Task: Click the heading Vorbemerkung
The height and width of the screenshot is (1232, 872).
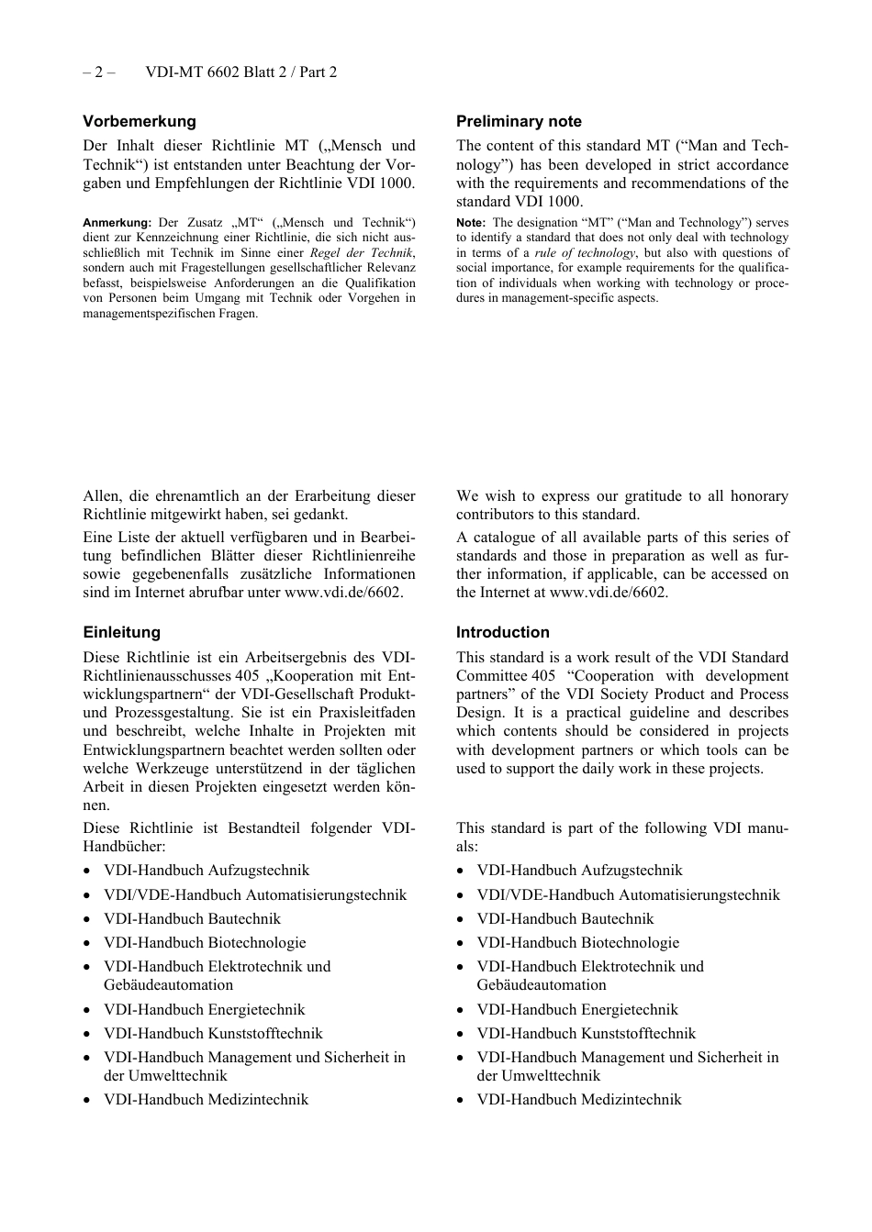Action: [x=140, y=121]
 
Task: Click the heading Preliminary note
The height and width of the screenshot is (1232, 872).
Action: [x=519, y=121]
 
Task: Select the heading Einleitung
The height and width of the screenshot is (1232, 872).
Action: [x=121, y=632]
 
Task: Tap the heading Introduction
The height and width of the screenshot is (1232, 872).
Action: [x=502, y=632]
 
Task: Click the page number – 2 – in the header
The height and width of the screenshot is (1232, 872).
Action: [x=98, y=72]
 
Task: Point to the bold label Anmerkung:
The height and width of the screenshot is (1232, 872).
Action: [x=117, y=223]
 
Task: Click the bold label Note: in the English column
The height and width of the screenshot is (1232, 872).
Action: [x=470, y=223]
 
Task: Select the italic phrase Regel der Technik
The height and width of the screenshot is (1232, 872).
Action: [x=361, y=253]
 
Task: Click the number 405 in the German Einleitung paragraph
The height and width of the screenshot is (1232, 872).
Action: [x=247, y=676]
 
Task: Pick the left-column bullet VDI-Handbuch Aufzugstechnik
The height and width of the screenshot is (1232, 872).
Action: [x=207, y=871]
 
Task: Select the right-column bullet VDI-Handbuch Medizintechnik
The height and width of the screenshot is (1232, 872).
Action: [x=578, y=1100]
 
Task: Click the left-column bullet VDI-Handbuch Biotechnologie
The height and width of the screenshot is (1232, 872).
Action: [x=205, y=943]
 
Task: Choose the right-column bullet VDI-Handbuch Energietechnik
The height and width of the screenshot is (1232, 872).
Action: [x=577, y=1010]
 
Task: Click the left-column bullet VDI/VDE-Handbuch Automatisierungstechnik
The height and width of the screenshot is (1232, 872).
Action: [x=255, y=895]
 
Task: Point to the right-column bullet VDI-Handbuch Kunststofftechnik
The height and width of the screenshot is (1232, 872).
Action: [x=586, y=1034]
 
